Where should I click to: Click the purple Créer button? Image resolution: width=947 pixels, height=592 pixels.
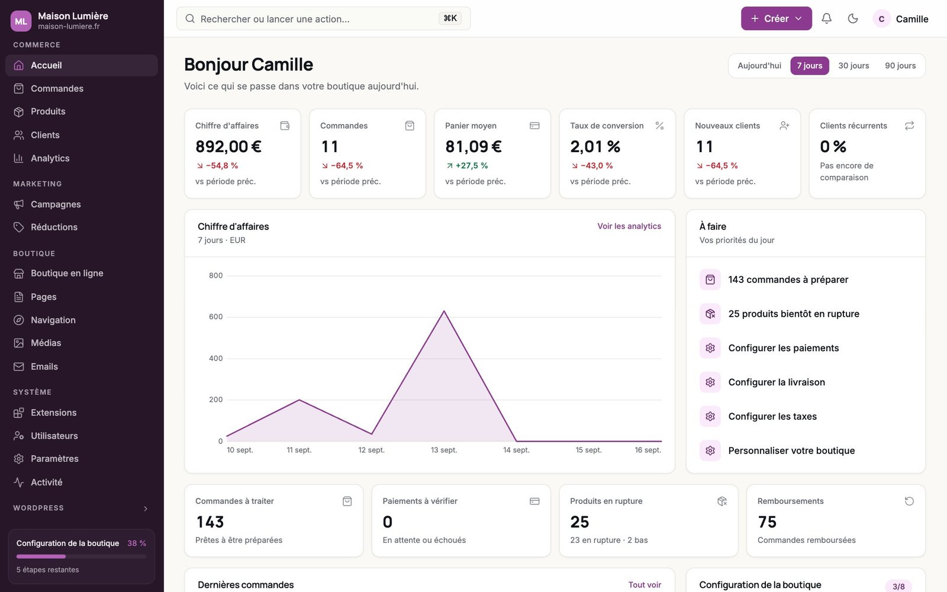tap(776, 18)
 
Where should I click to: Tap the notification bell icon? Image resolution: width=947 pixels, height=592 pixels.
tap(826, 18)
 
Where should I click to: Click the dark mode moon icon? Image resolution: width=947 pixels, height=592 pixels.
tap(853, 18)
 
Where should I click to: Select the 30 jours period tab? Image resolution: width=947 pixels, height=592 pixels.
tap(853, 66)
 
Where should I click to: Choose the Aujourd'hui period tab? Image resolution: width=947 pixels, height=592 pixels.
tap(759, 66)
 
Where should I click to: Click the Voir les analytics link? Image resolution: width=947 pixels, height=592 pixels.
tap(629, 226)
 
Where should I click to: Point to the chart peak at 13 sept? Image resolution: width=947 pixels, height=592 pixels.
tap(444, 311)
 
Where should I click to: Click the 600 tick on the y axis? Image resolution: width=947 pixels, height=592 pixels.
tap(215, 317)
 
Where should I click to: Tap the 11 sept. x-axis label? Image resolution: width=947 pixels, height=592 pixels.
tap(299, 450)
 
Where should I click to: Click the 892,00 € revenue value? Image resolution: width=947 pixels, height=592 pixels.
tap(228, 146)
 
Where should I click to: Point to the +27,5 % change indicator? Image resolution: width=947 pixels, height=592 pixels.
tap(467, 165)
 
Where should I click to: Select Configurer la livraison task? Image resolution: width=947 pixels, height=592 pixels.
tap(777, 382)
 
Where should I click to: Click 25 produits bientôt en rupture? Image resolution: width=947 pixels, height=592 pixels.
tap(794, 314)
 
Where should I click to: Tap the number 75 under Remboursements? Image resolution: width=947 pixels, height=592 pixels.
tap(767, 522)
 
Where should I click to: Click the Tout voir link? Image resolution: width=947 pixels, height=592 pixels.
tap(645, 585)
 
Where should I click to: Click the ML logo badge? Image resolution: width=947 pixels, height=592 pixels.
tap(21, 21)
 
